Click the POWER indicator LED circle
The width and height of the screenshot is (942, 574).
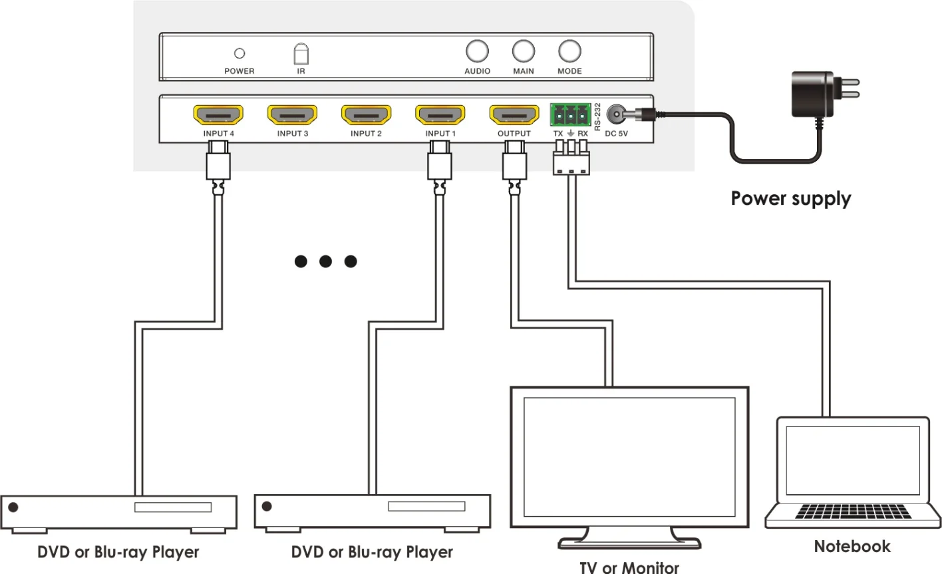(239, 53)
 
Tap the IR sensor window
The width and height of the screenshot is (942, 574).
(301, 54)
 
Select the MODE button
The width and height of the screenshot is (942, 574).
(569, 51)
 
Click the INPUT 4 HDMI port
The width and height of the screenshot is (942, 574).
(218, 115)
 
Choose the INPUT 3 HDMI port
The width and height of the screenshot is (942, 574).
(292, 115)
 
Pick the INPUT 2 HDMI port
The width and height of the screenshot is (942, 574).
(366, 115)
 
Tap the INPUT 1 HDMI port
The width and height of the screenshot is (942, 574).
(440, 115)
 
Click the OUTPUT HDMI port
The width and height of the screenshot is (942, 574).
(514, 115)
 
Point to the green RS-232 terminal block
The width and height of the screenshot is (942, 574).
(570, 114)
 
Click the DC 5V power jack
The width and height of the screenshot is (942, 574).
(618, 115)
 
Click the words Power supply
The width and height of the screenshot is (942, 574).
(790, 199)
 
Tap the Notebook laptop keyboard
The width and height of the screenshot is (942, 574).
(852, 511)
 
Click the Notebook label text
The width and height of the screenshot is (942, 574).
(852, 546)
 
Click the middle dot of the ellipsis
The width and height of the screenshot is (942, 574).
(325, 261)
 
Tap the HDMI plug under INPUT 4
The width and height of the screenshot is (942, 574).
(218, 166)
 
